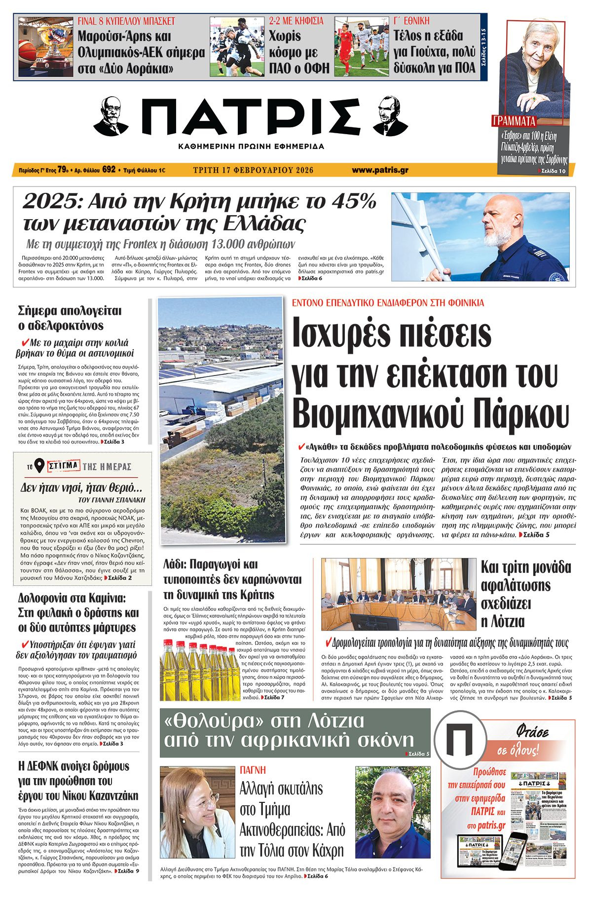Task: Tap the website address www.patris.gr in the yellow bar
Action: pos(380,170)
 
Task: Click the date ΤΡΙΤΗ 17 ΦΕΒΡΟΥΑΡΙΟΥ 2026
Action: pos(254,170)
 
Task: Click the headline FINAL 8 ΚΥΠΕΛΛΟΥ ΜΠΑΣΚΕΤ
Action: pos(126,21)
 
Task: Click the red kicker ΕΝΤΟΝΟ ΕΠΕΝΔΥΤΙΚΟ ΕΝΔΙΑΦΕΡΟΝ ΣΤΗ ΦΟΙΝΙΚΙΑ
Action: pos(388,303)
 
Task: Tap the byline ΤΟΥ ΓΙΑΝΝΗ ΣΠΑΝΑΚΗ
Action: pos(112,499)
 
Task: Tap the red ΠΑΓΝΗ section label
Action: pos(253,770)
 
